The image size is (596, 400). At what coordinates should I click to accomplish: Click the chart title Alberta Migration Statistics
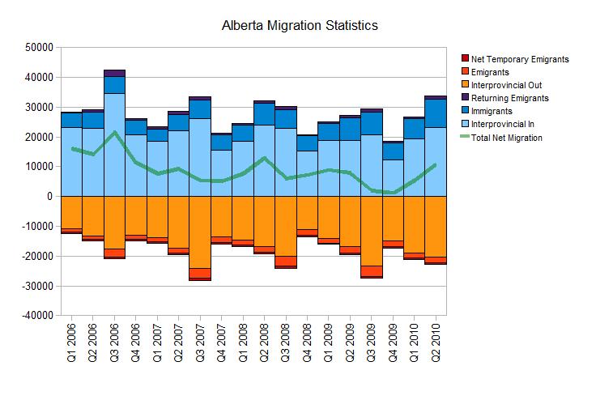(300, 26)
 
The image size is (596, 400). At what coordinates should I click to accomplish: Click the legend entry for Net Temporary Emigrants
(521, 59)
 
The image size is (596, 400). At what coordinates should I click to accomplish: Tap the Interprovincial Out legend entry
(506, 85)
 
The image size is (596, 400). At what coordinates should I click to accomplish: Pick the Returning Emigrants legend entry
(509, 98)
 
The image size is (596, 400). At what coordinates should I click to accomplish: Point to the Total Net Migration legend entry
(506, 137)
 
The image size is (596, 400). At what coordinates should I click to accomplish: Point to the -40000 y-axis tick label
(35, 315)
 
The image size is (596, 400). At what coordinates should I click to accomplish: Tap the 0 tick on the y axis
(49, 196)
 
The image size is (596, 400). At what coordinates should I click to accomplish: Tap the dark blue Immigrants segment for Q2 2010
(436, 113)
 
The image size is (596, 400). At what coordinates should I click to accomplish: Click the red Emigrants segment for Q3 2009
(372, 271)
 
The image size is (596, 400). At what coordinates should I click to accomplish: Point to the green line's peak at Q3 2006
(114, 132)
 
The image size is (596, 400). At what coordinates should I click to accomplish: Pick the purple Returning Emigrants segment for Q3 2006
(114, 73)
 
